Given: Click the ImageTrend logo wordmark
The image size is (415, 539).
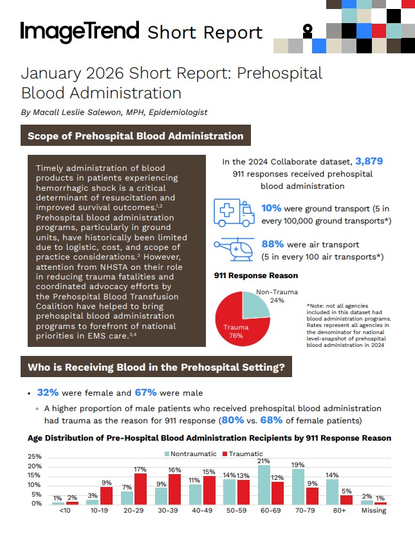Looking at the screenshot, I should pyautogui.click(x=80, y=31).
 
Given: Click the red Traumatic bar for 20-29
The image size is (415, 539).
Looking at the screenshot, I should pyautogui.click(x=140, y=489).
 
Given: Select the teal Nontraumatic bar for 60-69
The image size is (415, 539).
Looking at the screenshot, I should pyautogui.click(x=264, y=485).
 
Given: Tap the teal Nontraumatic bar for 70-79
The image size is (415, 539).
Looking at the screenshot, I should pyautogui.click(x=298, y=487).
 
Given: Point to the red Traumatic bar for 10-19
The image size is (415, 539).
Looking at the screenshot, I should pyautogui.click(x=107, y=496).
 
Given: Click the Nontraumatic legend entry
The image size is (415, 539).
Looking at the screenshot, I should pyautogui.click(x=188, y=454).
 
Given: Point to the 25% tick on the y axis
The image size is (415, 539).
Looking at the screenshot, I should pyautogui.click(x=33, y=457).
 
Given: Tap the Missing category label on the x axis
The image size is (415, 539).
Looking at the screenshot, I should pyautogui.click(x=374, y=511).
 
